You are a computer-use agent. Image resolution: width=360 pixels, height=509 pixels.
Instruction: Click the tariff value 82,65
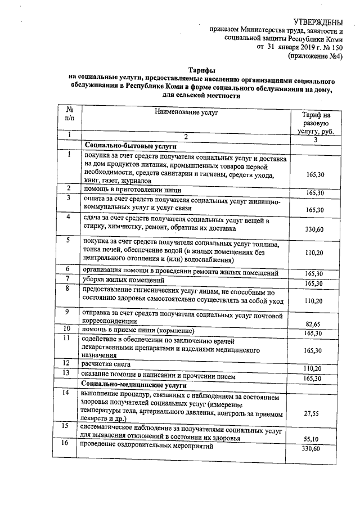[x=314, y=324]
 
